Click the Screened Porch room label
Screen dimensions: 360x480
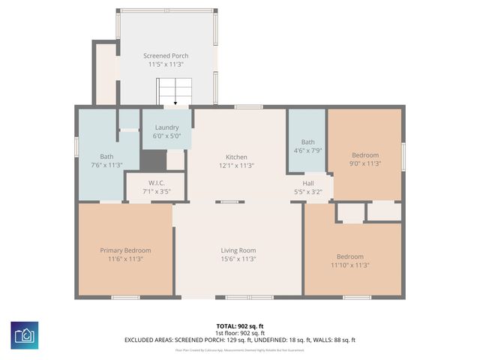pos(166,55)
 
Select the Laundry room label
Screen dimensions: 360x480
pos(166,127)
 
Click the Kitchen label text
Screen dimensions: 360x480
pos(237,157)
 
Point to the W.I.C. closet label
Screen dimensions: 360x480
pos(156,183)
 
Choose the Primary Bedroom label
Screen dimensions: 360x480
pos(125,250)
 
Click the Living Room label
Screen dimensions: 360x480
pos(238,250)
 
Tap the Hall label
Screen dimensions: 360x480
pos(308,183)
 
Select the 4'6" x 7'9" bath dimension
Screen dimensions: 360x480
pos(308,150)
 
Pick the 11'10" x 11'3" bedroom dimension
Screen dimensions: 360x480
pos(349,265)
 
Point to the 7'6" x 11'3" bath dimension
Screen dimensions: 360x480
pos(106,165)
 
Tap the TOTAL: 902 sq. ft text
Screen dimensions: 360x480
pos(239,326)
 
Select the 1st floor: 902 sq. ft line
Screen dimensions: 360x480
pos(239,333)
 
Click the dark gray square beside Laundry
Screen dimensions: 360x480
pos(153,160)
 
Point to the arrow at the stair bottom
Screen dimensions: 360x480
pos(175,104)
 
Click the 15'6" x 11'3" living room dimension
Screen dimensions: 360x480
pos(238,259)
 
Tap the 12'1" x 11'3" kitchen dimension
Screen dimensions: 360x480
pos(237,165)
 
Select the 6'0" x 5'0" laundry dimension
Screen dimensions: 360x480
pos(166,136)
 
